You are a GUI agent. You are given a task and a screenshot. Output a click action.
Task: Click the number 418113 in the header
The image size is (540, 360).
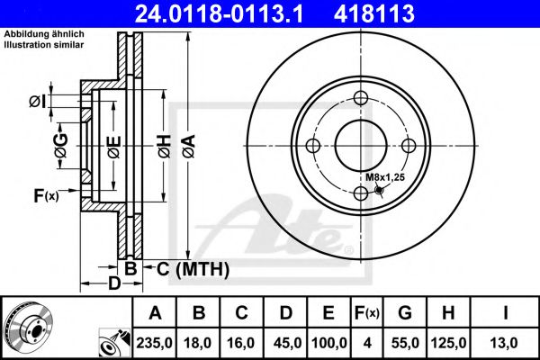[x=413, y=13]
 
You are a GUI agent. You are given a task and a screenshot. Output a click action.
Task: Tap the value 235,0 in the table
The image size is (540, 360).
[x=155, y=342]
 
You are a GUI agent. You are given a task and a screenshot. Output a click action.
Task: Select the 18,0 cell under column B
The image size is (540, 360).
[x=199, y=342]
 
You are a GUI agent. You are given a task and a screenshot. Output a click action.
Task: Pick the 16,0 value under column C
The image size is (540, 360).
[x=242, y=342]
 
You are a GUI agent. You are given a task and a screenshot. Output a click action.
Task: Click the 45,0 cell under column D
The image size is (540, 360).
[x=286, y=342]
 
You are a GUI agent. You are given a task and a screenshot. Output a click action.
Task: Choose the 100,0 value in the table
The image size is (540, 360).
[x=329, y=342]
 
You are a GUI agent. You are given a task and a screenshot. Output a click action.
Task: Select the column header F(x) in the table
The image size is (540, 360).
[x=368, y=312]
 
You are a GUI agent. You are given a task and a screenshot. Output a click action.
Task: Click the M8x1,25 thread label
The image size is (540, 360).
[x=386, y=176]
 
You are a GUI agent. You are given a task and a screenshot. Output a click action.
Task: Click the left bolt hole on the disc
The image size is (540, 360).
[x=313, y=146]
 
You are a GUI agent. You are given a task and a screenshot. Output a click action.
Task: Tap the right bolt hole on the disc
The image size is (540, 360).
[x=409, y=146]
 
